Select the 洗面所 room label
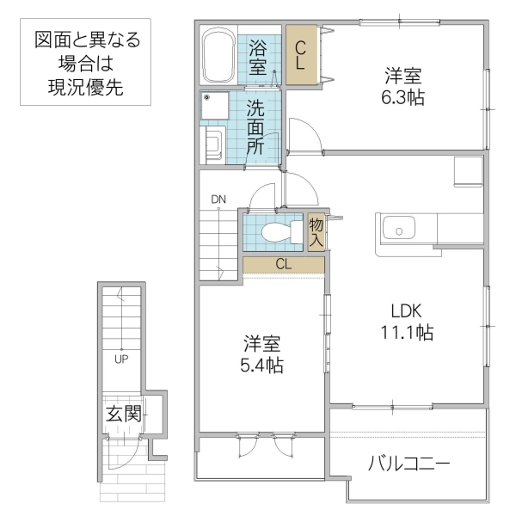256,126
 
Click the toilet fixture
276,231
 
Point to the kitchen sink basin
401,230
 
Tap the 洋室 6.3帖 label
403,86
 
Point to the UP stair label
122,359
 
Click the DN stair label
218,200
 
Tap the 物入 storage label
316,231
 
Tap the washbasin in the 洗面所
212,145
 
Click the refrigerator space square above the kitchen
469,171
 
